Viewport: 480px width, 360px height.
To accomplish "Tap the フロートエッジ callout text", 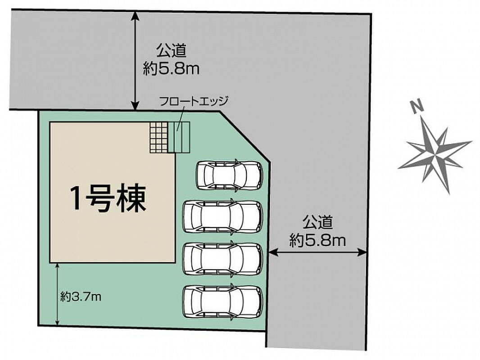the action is [x=194, y=101].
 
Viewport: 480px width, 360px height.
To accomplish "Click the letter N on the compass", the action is [x=417, y=107].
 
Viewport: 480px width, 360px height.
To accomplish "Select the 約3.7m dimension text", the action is [x=81, y=297].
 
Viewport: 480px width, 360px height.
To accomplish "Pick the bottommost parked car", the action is [x=223, y=302].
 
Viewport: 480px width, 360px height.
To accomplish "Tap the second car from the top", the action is [x=223, y=217].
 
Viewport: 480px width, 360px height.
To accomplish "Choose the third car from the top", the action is [x=223, y=259].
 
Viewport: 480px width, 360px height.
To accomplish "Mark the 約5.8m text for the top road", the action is [x=171, y=69].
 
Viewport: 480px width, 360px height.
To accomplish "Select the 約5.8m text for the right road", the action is [x=317, y=240].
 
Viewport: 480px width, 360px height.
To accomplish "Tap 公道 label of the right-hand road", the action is [x=318, y=222].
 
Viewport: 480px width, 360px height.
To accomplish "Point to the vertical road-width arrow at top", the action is [x=134, y=61].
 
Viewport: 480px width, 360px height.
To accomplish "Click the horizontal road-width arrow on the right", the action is [x=317, y=252].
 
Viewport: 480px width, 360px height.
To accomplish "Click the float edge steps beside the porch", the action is [x=179, y=137].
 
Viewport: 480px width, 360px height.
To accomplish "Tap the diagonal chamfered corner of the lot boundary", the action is [x=245, y=136].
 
